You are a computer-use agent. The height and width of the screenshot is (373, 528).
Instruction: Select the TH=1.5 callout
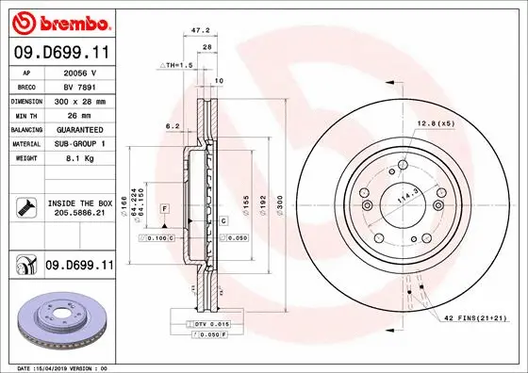pos(173,65)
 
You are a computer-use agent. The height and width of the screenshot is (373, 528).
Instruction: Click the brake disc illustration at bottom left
pos(59,320)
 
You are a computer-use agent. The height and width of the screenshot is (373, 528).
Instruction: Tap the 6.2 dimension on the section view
pos(172,124)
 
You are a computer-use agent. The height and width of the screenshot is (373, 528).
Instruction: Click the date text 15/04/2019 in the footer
pos(70,367)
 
